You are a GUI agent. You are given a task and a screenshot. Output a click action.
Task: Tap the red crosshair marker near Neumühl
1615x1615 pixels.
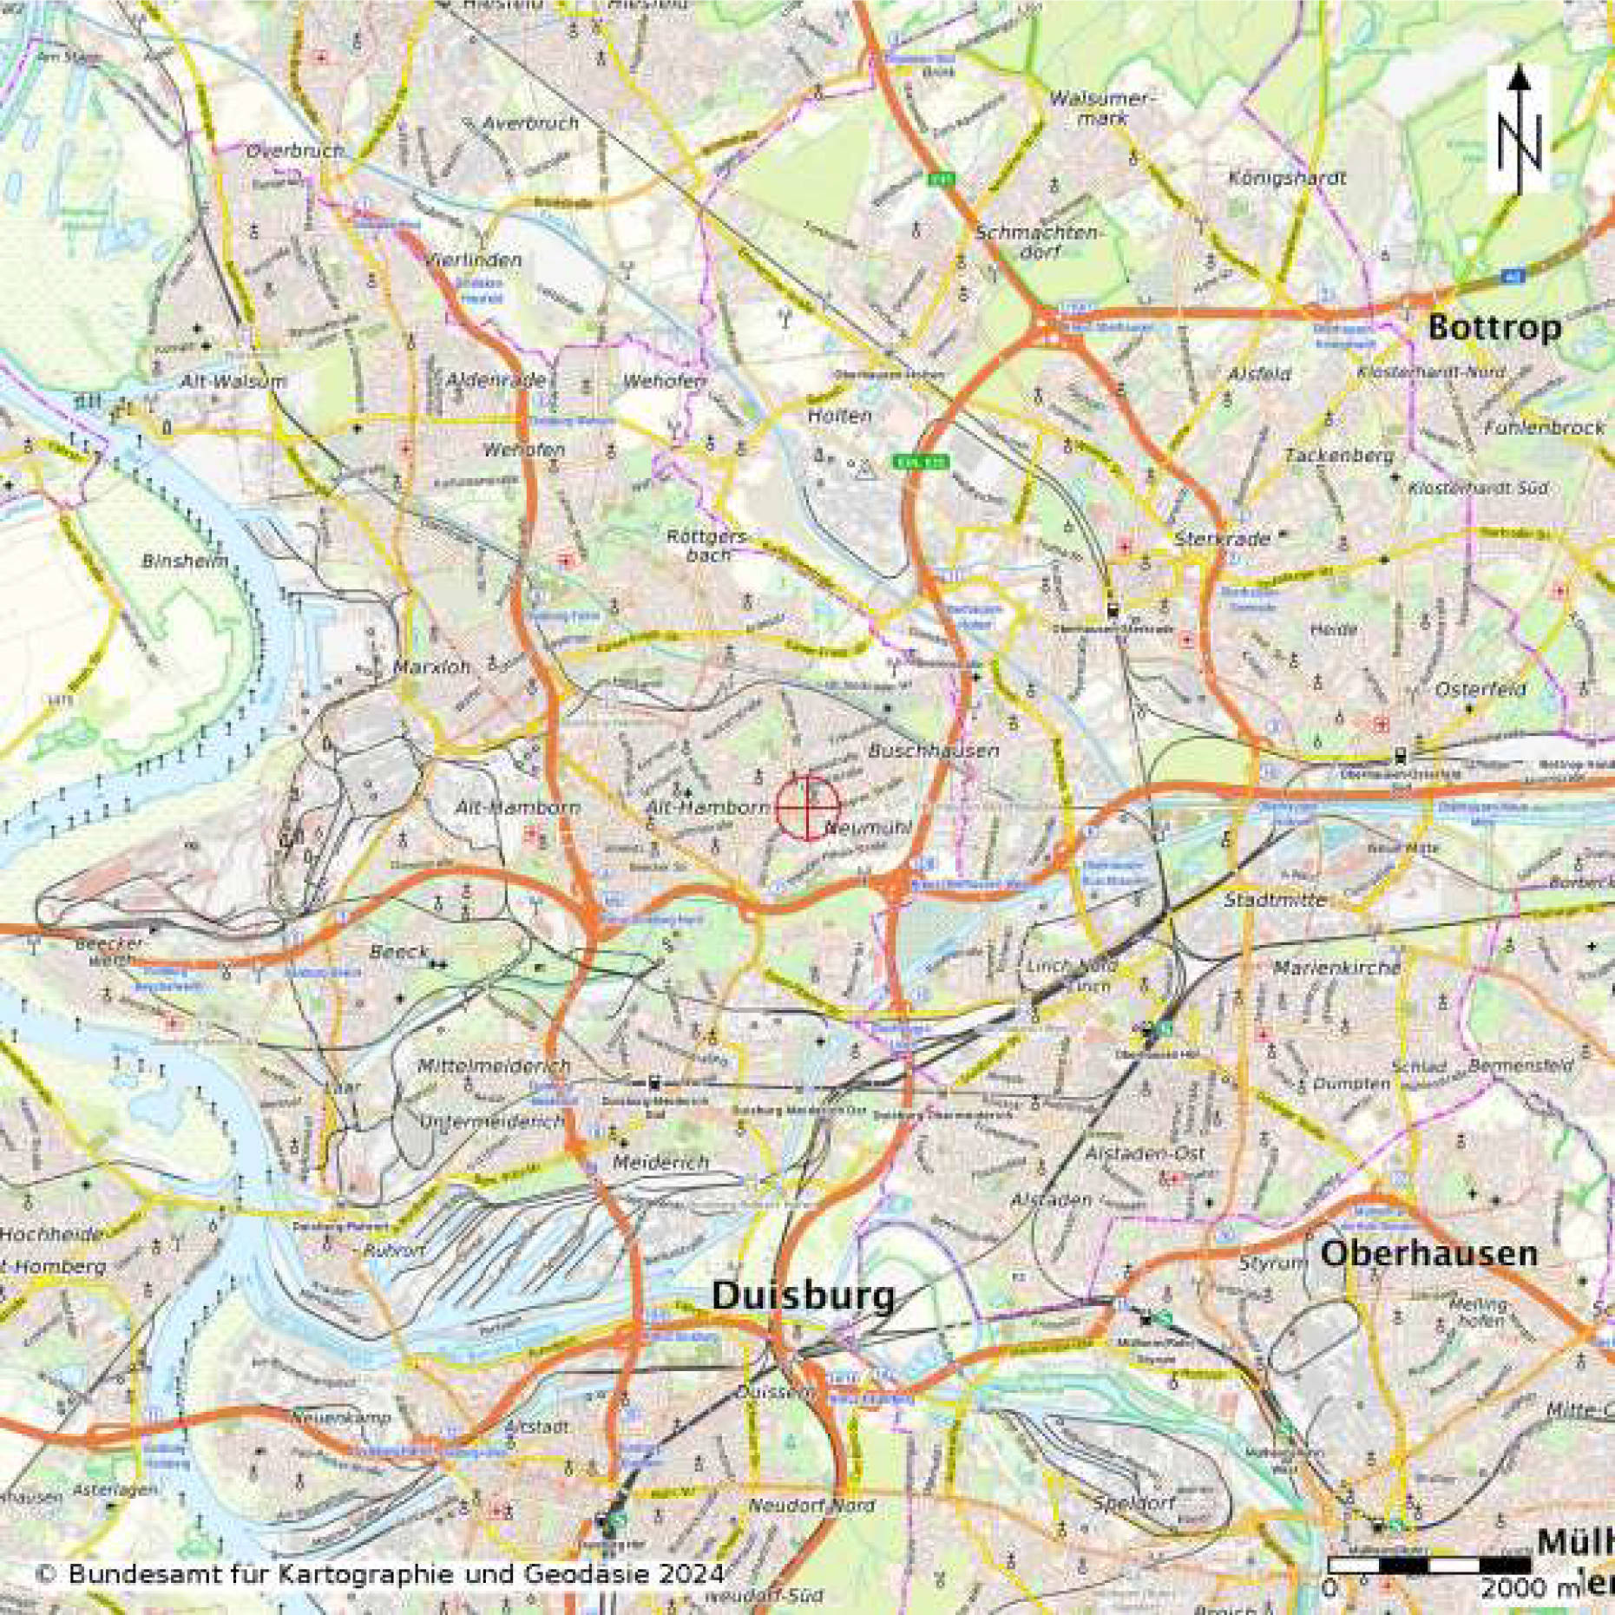click(x=807, y=807)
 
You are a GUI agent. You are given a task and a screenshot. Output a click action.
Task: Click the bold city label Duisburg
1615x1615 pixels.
click(x=803, y=1296)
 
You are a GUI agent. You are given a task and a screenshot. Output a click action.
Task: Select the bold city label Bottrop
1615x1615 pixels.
click(x=1494, y=328)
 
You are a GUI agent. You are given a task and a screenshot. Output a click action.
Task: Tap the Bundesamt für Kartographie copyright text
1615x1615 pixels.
click(x=380, y=1573)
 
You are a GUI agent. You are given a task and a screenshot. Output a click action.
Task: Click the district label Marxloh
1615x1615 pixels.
click(x=431, y=666)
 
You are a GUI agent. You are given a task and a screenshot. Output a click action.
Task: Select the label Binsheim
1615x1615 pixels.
click(x=185, y=561)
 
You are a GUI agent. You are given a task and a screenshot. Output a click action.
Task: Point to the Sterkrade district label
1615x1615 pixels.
click(x=1222, y=538)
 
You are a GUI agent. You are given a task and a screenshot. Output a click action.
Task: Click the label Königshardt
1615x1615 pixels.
click(x=1287, y=178)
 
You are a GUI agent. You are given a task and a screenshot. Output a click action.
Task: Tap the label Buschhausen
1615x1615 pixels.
click(x=934, y=751)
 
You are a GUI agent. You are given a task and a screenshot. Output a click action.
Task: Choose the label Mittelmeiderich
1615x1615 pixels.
click(x=494, y=1065)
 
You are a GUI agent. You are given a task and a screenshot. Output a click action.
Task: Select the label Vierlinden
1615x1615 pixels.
click(x=474, y=260)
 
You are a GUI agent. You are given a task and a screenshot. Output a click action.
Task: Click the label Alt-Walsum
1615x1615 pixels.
click(x=233, y=381)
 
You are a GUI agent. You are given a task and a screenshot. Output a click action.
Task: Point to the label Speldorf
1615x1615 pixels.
click(x=1134, y=1502)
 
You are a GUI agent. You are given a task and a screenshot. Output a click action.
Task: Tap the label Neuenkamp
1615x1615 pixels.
click(x=340, y=1418)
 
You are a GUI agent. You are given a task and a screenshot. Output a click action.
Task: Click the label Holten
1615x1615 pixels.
click(x=839, y=416)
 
